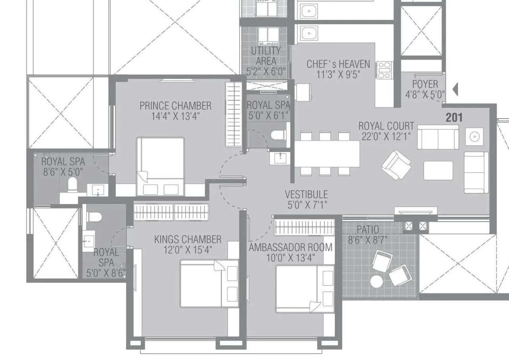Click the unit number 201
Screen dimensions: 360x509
(454, 117)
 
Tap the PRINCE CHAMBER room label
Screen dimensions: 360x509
(175, 106)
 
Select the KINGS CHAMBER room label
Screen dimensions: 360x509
(188, 239)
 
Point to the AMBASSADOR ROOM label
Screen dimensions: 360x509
(290, 247)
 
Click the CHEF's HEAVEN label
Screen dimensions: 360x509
(338, 64)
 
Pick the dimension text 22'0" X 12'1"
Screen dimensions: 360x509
(386, 136)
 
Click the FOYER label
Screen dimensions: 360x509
(425, 84)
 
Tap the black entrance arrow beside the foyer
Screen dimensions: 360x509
(455, 90)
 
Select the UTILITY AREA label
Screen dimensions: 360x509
(266, 56)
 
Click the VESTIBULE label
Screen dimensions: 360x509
(306, 195)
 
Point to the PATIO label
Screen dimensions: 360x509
(367, 230)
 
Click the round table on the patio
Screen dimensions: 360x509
(376, 282)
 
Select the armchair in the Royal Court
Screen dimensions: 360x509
(396, 165)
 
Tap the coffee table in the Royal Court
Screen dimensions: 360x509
(438, 170)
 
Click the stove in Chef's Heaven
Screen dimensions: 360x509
(384, 70)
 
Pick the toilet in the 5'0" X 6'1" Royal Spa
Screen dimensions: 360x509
(278, 135)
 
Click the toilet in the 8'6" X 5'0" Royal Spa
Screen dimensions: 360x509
(72, 185)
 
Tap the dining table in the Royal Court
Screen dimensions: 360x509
(327, 154)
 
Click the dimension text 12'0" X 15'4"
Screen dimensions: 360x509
(188, 250)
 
